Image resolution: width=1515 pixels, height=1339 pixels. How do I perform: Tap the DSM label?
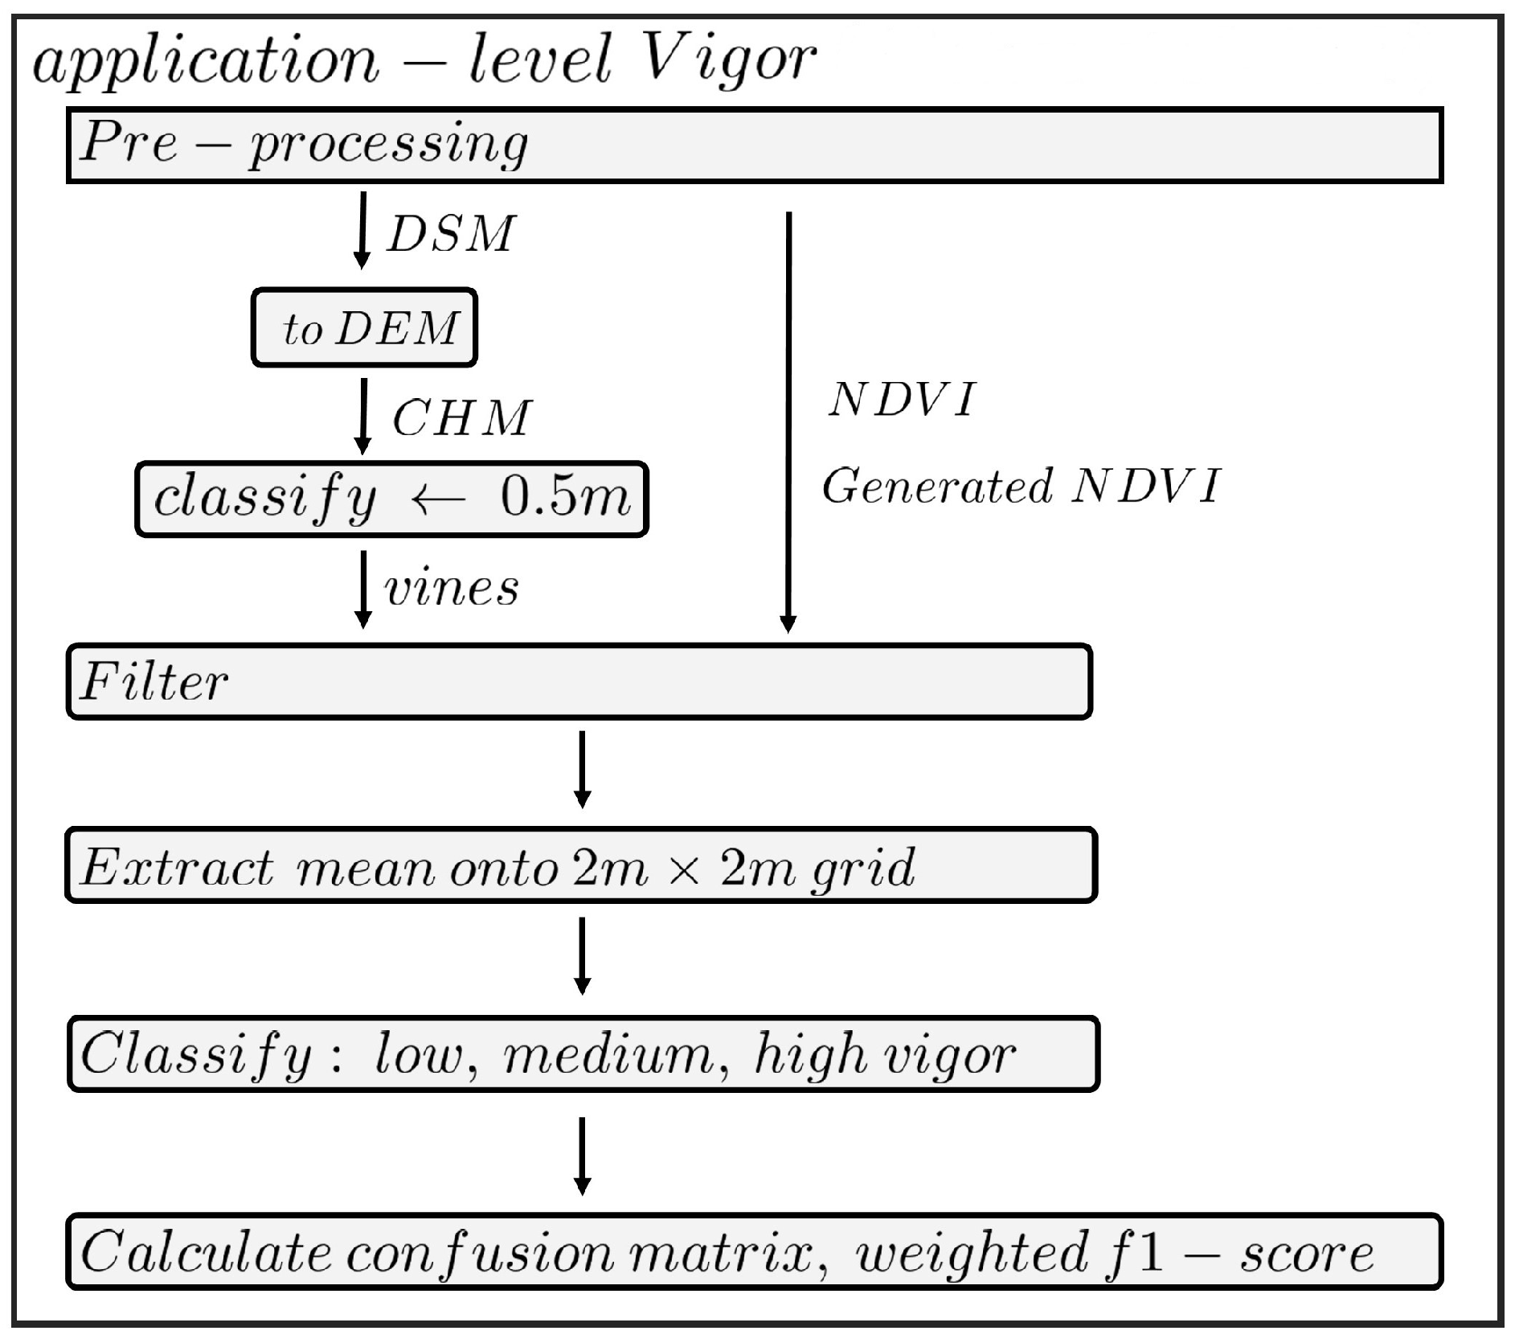450,235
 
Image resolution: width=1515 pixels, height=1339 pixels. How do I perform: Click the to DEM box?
365,328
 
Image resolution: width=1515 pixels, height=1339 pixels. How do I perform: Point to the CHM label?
461,418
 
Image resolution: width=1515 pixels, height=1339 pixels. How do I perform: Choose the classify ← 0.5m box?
391,499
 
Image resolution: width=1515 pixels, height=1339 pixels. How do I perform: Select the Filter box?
579,681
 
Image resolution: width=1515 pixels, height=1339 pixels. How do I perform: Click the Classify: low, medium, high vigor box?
583,1054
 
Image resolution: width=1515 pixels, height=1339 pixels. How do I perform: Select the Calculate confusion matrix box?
754,1252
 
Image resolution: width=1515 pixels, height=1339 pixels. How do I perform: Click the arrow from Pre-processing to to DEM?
362,230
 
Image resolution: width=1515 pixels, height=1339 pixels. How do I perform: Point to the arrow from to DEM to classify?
363,415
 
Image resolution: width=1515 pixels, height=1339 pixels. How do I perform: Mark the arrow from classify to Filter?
363,588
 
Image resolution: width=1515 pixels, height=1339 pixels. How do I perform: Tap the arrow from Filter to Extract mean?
583,769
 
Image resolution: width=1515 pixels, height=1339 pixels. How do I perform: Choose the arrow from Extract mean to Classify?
583,955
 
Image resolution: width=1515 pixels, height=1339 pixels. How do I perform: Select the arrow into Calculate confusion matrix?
583,1155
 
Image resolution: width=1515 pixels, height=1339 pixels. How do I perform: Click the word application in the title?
206,61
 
